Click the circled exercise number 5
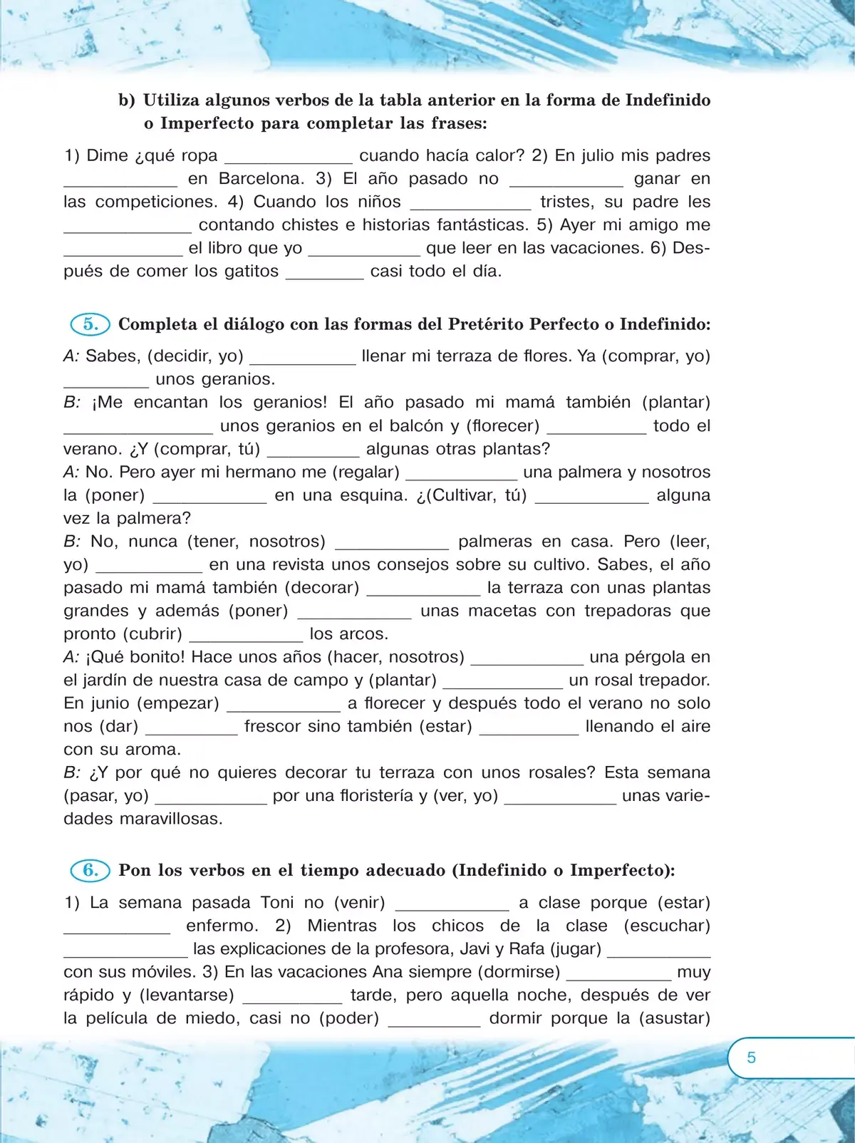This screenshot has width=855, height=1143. coord(90,324)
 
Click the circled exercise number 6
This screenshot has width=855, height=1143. coord(90,870)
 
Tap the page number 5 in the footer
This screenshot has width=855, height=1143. coord(751,1057)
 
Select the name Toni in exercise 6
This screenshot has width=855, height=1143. coord(277,903)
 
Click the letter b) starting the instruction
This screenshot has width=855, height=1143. coord(127,100)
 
